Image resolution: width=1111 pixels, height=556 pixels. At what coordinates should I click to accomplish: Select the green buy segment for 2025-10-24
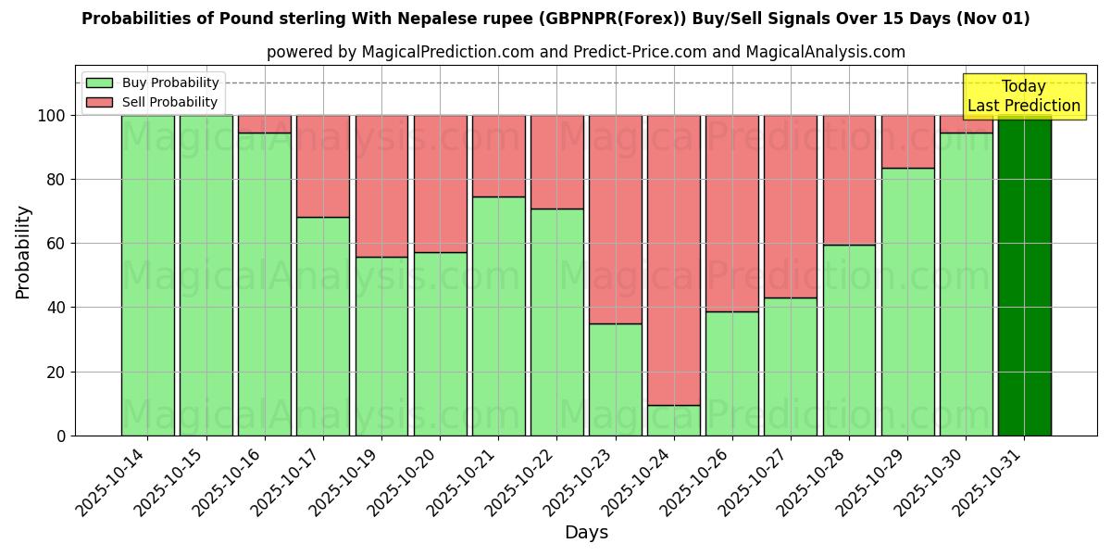click(673, 420)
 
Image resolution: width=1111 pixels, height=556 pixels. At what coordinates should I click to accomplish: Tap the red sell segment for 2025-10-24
click(673, 259)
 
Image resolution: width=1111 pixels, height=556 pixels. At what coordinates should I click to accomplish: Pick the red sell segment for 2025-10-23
click(615, 219)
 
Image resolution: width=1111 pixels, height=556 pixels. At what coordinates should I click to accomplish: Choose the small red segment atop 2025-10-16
click(264, 124)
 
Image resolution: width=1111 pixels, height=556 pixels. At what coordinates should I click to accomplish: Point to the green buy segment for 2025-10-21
click(498, 316)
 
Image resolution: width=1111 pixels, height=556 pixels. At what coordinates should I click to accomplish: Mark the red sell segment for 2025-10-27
click(790, 206)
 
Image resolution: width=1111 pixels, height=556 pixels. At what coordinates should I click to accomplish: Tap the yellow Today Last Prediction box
click(1024, 96)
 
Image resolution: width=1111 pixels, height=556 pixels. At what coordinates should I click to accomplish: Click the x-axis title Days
click(586, 533)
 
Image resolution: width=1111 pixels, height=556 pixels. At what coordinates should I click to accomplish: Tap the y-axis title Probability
click(23, 251)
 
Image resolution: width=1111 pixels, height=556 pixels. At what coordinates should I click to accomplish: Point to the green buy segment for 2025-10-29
click(907, 301)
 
